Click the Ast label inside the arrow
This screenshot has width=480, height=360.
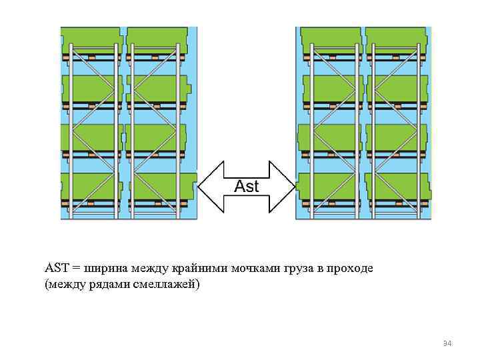(x=247, y=187)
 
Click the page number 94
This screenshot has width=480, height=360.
(x=447, y=343)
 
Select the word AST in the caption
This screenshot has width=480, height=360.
(x=57, y=269)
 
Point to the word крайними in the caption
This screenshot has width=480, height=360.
(x=199, y=269)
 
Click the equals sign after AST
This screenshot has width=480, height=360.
(x=76, y=269)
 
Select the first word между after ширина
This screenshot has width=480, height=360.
(x=149, y=269)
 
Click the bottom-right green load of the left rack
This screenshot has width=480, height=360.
(x=163, y=185)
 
